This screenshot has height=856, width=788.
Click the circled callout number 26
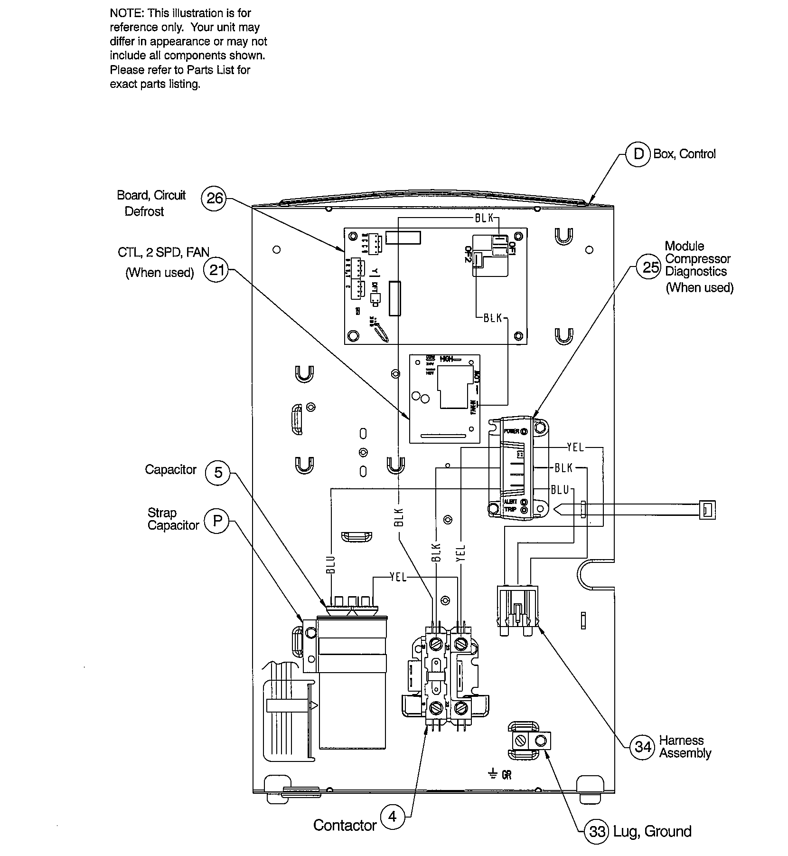[215, 198]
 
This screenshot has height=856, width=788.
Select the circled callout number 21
[216, 270]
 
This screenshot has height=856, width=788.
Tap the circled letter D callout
[638, 154]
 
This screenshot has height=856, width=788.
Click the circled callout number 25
[650, 267]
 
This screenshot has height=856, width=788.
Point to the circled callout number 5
[218, 473]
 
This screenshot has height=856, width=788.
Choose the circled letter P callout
[217, 521]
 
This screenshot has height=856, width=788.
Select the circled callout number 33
[597, 831]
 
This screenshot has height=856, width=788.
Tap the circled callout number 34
[643, 746]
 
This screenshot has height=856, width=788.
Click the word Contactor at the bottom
[345, 825]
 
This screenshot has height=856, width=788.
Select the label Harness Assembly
[685, 747]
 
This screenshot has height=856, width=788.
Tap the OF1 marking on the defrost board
[511, 248]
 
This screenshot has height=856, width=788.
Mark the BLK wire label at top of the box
[484, 218]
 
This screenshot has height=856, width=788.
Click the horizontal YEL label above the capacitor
[398, 577]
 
